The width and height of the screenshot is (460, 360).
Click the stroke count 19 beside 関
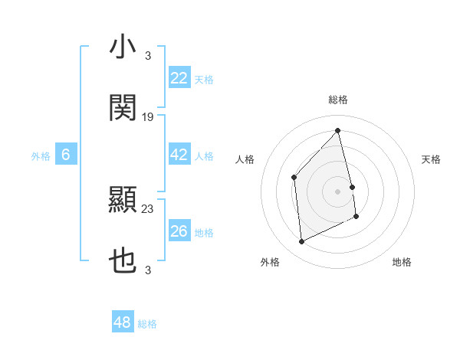click(x=148, y=117)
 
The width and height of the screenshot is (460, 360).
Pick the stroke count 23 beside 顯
click(x=148, y=208)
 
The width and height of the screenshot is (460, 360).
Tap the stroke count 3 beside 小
click(x=148, y=56)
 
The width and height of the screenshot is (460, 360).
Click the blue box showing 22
click(x=179, y=78)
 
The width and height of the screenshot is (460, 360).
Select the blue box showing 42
click(x=179, y=155)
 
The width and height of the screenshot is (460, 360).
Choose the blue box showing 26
click(x=179, y=231)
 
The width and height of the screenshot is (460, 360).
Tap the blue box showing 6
click(x=66, y=155)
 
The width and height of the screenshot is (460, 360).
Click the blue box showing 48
click(x=123, y=322)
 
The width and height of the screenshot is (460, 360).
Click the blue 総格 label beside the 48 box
click(x=148, y=324)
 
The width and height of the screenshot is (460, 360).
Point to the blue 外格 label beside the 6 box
click(x=41, y=156)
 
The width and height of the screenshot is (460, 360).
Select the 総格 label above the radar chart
click(x=338, y=100)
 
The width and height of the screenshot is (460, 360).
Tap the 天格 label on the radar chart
click(x=432, y=159)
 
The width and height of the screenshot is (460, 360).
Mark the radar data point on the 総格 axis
click(x=338, y=131)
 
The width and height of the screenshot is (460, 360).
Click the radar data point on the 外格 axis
click(x=302, y=242)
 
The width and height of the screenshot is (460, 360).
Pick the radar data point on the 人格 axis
click(x=294, y=178)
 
